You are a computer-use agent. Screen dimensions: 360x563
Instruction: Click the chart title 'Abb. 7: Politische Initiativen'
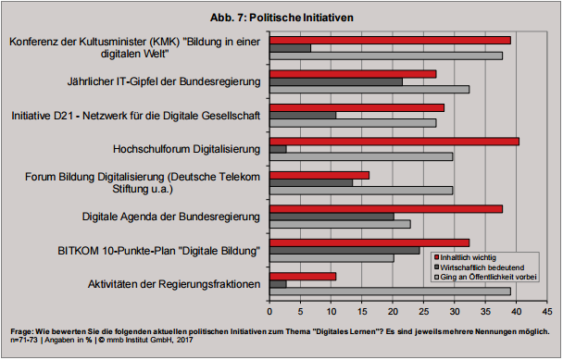pyautogui.click(x=281, y=18)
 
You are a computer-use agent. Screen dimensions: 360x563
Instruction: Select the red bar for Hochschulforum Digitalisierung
pyautogui.click(x=394, y=141)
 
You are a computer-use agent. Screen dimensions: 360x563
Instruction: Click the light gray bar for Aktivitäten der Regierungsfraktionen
pyautogui.click(x=390, y=291)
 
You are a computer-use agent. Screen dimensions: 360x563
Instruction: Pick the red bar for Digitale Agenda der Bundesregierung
pyautogui.click(x=385, y=208)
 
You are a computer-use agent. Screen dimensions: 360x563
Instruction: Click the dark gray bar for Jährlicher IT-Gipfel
pyautogui.click(x=336, y=81)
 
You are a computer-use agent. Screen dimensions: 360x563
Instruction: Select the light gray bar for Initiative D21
pyautogui.click(x=353, y=123)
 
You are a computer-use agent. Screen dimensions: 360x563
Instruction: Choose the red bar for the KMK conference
pyautogui.click(x=390, y=40)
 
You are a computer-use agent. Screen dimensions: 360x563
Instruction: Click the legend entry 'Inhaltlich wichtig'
pyautogui.click(x=472, y=255)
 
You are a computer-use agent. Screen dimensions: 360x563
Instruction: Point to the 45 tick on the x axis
pyautogui.click(x=547, y=308)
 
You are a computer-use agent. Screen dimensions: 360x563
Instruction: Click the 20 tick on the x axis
pyautogui.click(x=393, y=308)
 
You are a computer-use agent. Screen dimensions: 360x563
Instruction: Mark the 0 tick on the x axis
pyautogui.click(x=269, y=308)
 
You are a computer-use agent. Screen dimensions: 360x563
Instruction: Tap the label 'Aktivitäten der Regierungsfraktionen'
pyautogui.click(x=173, y=283)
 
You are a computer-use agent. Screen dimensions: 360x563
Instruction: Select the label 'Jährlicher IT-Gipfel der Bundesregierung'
pyautogui.click(x=164, y=81)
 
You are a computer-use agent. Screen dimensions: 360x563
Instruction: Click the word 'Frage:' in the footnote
pyautogui.click(x=22, y=330)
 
